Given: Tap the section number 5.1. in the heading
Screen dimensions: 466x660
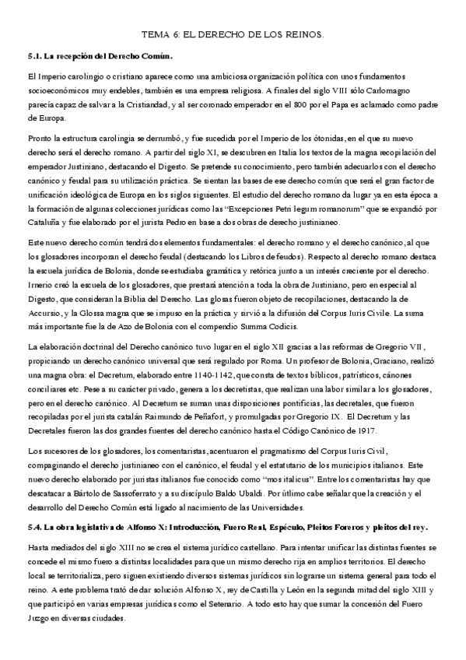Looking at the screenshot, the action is coord(34,56).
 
